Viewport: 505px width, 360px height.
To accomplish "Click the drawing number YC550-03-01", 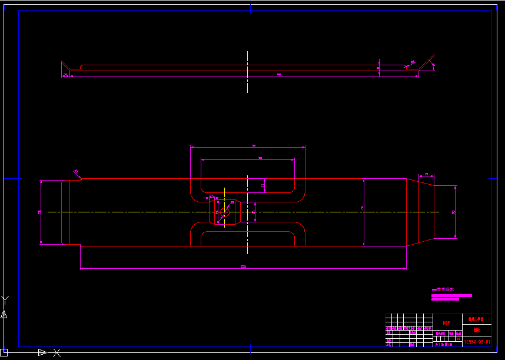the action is click(476, 341).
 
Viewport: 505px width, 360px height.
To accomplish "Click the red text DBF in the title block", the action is click(446, 323).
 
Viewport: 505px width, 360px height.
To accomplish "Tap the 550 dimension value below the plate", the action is click(243, 267).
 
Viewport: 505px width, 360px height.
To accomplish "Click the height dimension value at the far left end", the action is click(39, 212).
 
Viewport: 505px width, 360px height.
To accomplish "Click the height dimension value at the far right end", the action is click(453, 212).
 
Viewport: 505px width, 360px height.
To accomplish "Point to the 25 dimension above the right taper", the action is click(426, 174).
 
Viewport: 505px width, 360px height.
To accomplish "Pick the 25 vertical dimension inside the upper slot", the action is click(263, 185).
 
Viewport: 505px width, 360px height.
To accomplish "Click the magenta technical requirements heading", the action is click(443, 289).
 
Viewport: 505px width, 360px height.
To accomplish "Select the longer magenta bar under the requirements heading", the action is click(451, 295).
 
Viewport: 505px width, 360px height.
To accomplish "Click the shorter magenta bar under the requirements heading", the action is click(445, 299).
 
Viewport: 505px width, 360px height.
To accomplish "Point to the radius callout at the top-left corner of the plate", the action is click(76, 172).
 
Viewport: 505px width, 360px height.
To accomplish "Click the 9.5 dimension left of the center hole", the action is click(211, 196).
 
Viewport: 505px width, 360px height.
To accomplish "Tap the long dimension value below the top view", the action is click(279, 75).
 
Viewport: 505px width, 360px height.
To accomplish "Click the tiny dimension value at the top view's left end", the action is click(65, 75).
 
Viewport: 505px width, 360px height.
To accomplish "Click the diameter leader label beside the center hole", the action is click(232, 202).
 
